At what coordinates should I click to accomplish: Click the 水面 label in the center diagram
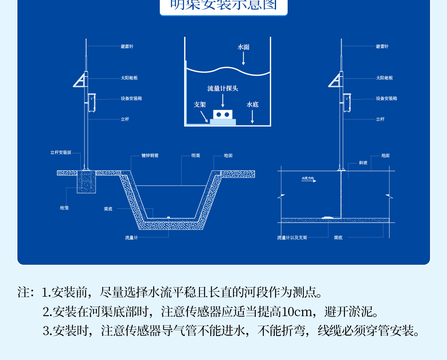pos(243,47)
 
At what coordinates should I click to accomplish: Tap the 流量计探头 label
pos(223,89)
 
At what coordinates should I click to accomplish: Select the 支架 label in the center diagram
pos(200,105)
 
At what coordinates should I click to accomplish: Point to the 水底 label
pos(252,105)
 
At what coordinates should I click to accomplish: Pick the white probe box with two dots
pos(223,114)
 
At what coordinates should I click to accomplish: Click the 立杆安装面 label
pos(61,153)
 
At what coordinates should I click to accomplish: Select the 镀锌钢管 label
pos(150,156)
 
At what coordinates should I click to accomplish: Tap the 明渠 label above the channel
pos(196,156)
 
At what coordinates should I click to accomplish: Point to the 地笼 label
pos(64,208)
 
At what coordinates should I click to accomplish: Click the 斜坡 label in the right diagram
pos(363,163)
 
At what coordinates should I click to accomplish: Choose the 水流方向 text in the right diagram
pos(308,178)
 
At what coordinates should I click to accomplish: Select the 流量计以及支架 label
pos(292,238)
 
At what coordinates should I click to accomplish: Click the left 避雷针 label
pos(127,46)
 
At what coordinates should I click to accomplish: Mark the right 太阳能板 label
pos(385,78)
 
